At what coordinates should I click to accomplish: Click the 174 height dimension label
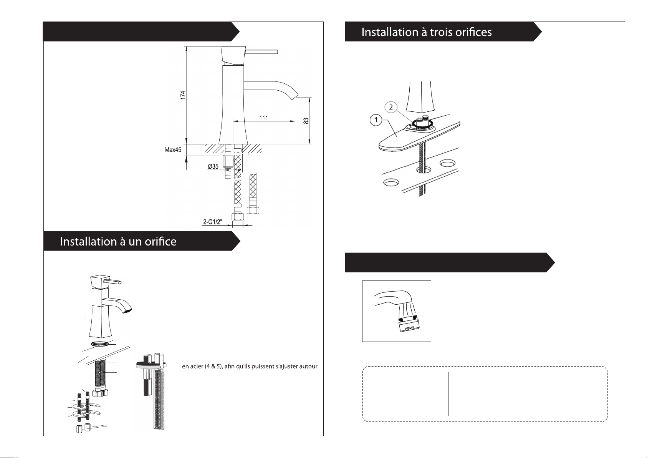[x=183, y=95]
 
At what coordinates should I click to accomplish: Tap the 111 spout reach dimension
[x=263, y=118]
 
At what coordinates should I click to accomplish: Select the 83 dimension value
[x=306, y=121]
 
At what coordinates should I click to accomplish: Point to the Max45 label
[x=173, y=150]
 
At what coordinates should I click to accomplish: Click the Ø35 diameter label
[x=213, y=166]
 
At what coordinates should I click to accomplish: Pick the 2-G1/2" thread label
[x=213, y=222]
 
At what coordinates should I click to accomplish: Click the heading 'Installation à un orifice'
[x=118, y=242]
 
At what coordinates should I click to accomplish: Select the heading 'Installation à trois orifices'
[x=427, y=32]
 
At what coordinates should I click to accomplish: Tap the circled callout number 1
[x=376, y=119]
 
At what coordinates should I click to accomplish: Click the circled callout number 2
[x=391, y=107]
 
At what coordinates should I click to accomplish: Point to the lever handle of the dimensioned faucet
[x=261, y=52]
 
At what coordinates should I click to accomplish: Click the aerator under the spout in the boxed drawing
[x=409, y=325]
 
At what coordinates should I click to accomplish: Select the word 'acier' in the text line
[x=197, y=367]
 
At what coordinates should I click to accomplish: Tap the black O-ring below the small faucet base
[x=100, y=344]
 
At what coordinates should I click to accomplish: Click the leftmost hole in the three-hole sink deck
[x=391, y=183]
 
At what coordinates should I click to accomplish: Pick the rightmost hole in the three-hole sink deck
[x=447, y=163]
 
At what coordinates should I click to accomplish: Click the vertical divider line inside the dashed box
[x=448, y=394]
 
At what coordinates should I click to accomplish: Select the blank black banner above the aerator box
[x=450, y=263]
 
